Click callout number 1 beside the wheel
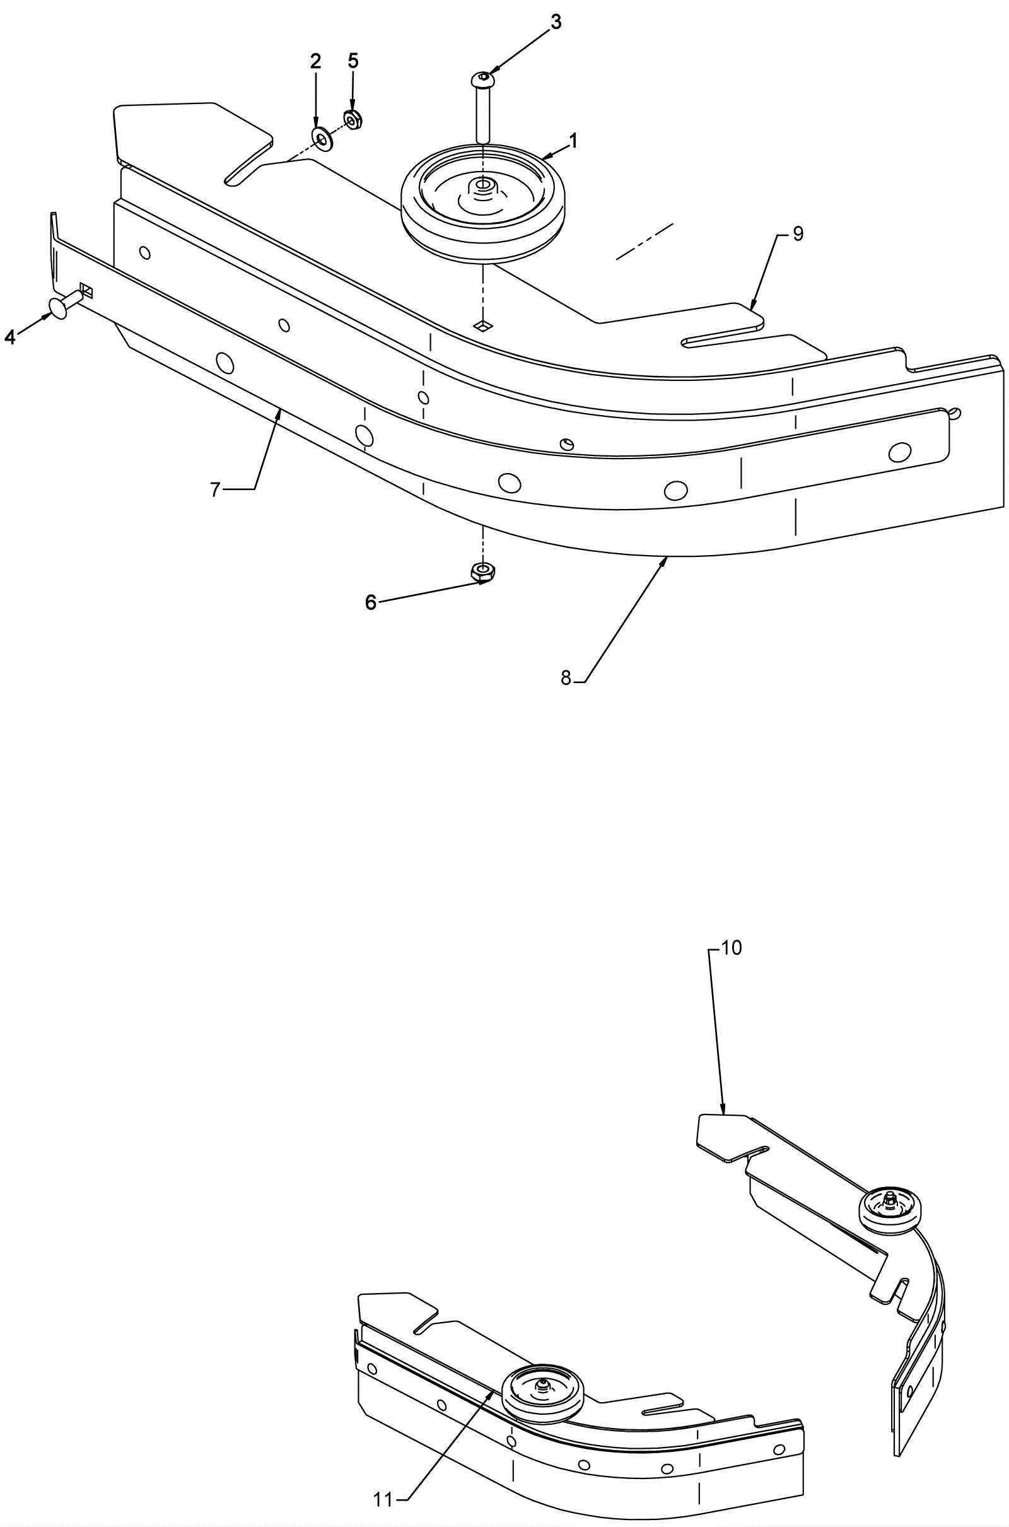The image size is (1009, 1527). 573,140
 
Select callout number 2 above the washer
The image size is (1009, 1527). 315,62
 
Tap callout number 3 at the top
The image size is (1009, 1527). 556,22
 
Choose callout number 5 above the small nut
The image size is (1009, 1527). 353,61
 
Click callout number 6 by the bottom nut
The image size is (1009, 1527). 370,603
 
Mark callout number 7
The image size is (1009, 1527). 216,489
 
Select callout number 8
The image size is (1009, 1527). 566,677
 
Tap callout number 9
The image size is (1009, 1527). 798,234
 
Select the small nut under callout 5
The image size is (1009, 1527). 352,120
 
